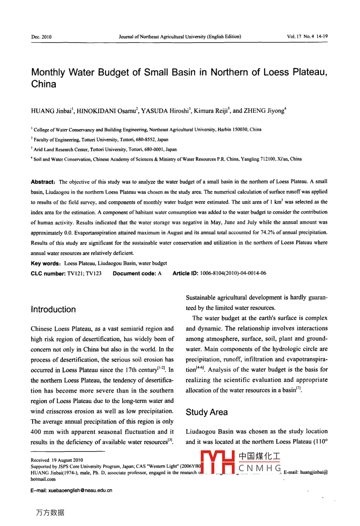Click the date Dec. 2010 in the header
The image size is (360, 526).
click(x=41, y=37)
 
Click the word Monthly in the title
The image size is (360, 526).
click(x=48, y=73)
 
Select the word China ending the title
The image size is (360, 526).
click(x=44, y=84)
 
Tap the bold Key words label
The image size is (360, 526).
click(x=45, y=263)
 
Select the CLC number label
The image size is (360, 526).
click(x=48, y=273)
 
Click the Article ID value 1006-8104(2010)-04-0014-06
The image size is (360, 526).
click(x=233, y=273)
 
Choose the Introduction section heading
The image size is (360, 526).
click(x=53, y=310)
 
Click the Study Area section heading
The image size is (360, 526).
click(x=207, y=412)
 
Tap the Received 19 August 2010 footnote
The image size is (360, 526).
click(x=57, y=460)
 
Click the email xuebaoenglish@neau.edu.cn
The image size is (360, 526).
click(x=71, y=491)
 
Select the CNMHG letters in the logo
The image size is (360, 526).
click(x=260, y=468)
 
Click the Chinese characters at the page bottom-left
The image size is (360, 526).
click(x=50, y=513)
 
